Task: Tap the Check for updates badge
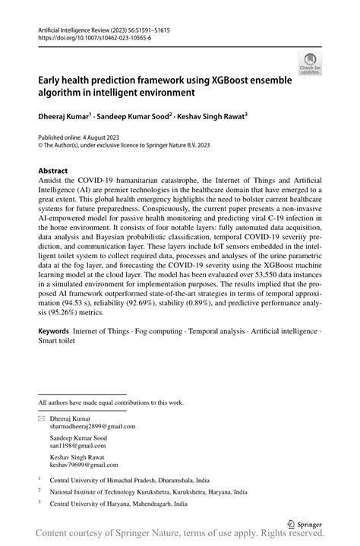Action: point(308,65)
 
